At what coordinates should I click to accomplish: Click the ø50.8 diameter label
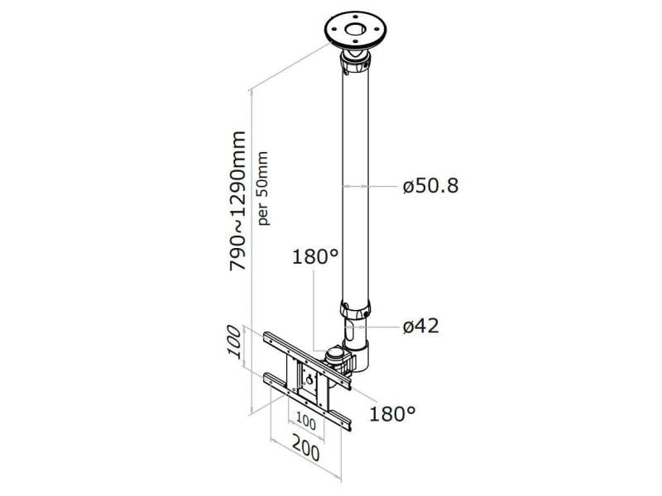point(430,185)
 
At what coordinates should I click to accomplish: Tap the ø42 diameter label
point(421,326)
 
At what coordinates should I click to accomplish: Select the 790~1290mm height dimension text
point(237,201)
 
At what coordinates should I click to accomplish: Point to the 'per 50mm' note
point(263,188)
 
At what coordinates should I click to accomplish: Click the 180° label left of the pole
point(315,256)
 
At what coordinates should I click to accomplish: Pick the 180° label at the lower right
point(392,413)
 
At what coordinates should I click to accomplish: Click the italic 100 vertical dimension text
point(234,342)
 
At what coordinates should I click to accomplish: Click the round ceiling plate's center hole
point(355,30)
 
